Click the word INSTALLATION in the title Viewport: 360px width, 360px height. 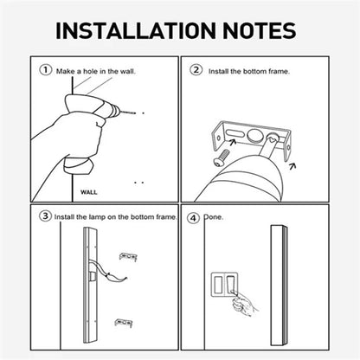[x=136, y=30]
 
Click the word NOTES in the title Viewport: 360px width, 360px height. [x=260, y=30]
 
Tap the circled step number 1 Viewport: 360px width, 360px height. [x=46, y=70]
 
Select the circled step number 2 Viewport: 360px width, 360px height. [x=196, y=70]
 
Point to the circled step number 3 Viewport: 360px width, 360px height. [x=45, y=216]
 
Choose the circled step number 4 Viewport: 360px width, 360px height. [x=193, y=218]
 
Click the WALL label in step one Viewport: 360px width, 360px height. [x=89, y=192]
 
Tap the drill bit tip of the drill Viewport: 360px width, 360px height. [x=134, y=113]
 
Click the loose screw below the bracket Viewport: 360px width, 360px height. [x=222, y=157]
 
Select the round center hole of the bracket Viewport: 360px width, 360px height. [x=254, y=135]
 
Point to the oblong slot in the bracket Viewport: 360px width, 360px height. [x=235, y=133]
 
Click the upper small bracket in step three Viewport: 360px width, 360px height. [x=128, y=256]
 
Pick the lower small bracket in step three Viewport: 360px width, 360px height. [x=124, y=323]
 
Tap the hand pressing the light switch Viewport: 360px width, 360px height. [x=244, y=305]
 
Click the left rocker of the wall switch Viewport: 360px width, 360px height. [x=217, y=284]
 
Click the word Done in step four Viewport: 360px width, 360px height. [x=214, y=217]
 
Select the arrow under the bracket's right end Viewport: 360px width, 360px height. [x=292, y=166]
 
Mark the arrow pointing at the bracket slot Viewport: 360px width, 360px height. [x=232, y=142]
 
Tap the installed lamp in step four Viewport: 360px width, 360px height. [x=279, y=285]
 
